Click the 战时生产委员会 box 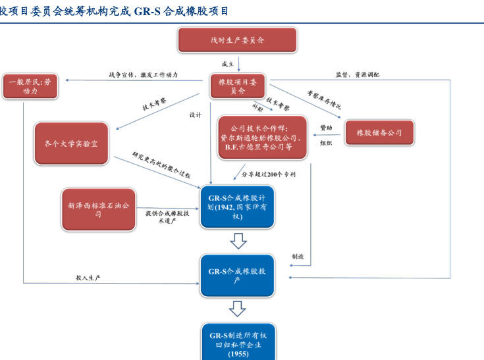[237, 40]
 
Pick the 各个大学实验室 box [70, 143]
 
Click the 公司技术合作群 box [263, 138]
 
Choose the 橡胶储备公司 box [379, 133]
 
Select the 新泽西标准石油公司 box [98, 210]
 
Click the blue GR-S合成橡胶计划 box [237, 207]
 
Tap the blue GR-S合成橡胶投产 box [237, 275]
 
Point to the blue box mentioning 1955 [237, 344]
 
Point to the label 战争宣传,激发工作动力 [144, 75]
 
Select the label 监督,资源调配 [357, 74]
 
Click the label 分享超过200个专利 [268, 174]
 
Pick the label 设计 [195, 115]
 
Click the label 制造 [298, 256]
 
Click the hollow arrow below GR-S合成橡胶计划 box [238, 240]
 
